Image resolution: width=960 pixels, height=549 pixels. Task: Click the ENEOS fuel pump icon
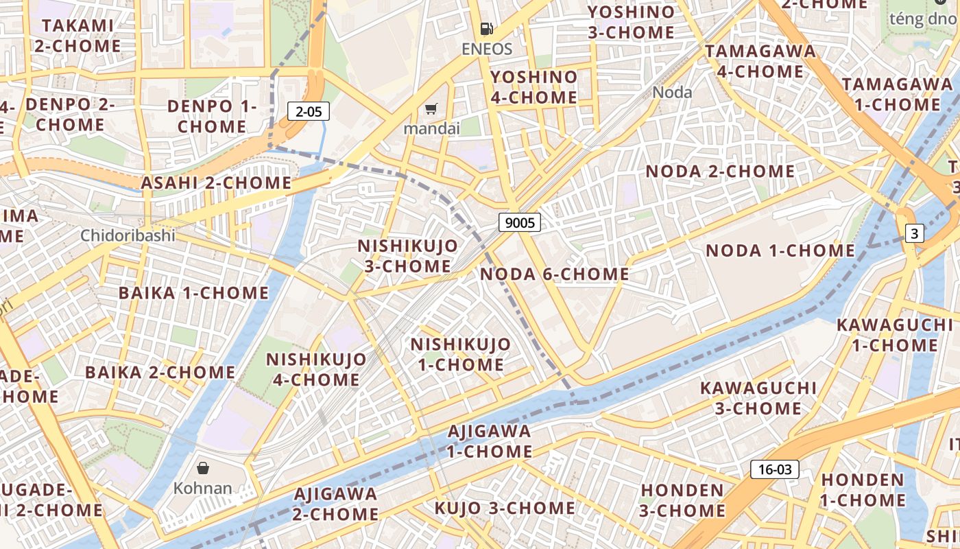486,29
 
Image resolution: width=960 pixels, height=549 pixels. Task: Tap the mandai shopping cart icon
431,109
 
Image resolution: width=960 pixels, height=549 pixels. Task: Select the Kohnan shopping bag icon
203,468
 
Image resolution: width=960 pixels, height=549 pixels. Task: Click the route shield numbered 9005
519,222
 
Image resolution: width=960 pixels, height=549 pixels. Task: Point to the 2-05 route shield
309,111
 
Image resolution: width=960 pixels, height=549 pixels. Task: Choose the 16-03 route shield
775,469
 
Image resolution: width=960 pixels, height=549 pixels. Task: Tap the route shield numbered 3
914,233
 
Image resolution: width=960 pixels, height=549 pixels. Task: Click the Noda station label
672,92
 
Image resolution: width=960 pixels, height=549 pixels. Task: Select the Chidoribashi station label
128,235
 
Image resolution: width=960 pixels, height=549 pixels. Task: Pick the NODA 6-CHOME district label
554,274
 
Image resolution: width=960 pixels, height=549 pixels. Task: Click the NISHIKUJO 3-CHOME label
407,256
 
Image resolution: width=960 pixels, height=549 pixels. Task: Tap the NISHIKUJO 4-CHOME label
316,369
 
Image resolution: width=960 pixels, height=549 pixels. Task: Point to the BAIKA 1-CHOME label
193,293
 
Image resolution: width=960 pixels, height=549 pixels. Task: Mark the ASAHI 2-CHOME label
216,183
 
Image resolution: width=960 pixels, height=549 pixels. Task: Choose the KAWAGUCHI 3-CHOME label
758,398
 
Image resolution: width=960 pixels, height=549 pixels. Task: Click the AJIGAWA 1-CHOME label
490,441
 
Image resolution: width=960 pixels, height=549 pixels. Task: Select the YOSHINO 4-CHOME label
534,87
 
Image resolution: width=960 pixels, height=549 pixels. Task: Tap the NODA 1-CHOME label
780,250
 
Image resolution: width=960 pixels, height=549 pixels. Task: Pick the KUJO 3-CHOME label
505,509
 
